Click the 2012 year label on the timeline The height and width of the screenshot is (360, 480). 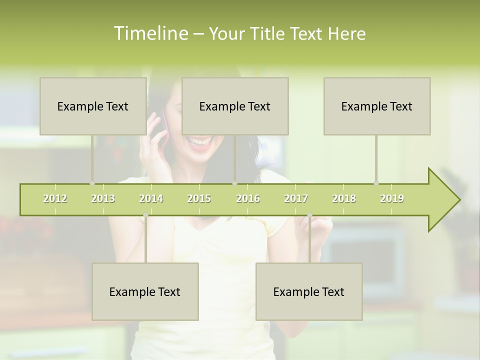55,198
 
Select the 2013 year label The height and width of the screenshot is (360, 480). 103,198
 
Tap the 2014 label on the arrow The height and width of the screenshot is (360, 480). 151,198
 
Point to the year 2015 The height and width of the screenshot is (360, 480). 199,198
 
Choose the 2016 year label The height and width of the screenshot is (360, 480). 248,198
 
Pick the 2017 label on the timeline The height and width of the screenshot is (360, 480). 296,198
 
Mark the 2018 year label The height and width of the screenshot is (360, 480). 344,198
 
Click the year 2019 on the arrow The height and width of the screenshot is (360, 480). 392,198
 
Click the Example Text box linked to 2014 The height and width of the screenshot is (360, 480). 145,291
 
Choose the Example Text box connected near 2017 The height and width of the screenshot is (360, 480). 309,291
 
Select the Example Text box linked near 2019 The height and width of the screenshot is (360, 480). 377,106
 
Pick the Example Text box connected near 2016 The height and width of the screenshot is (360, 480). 235,106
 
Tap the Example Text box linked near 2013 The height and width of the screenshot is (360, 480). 93,106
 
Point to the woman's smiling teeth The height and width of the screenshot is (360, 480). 199,142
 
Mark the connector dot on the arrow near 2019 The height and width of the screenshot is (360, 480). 376,183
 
